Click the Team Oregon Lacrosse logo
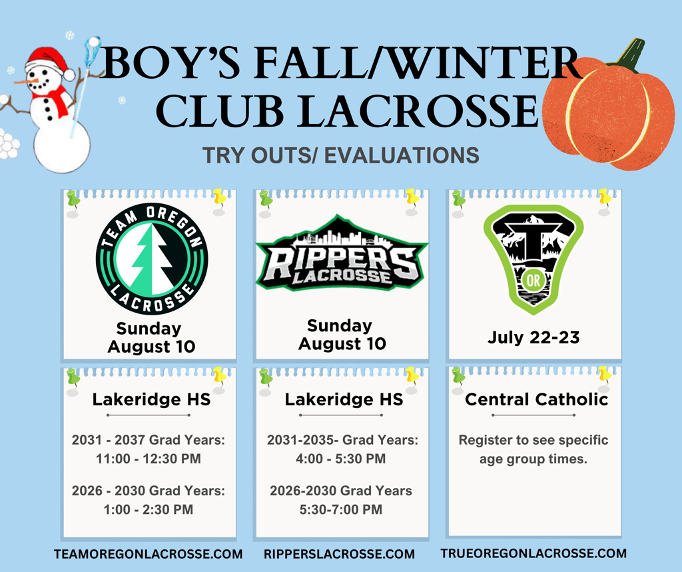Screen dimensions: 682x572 tap(152, 259)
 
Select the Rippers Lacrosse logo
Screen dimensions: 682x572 tap(342, 253)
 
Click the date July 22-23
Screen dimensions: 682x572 tap(533, 337)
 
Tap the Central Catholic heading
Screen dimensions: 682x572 tap(536, 399)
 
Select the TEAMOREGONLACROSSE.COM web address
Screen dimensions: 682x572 tap(149, 554)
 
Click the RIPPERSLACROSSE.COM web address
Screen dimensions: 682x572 tap(339, 554)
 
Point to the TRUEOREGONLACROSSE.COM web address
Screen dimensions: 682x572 tap(533, 553)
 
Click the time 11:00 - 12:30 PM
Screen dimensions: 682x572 tap(149, 459)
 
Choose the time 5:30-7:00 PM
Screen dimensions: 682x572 tap(341, 510)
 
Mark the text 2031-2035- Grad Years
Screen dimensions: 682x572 tap(342, 440)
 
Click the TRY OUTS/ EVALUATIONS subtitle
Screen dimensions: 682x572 tap(341, 155)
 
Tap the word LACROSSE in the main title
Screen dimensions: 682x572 tap(418, 111)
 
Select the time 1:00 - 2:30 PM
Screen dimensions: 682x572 tap(149, 510)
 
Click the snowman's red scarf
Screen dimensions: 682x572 tap(57, 101)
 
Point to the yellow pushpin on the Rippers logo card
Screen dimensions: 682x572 tap(412, 199)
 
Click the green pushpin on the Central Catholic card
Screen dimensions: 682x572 tap(458, 376)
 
